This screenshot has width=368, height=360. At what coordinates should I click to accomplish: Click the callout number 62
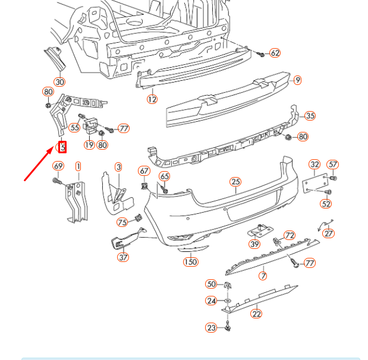[x=275, y=53]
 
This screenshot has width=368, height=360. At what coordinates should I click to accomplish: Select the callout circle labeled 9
[x=297, y=80]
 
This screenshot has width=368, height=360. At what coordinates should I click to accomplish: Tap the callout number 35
[x=310, y=116]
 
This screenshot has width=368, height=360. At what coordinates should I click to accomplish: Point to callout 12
[x=152, y=99]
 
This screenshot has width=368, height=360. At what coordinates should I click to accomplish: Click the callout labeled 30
[x=59, y=82]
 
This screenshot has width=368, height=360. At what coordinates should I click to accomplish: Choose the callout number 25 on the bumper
[x=235, y=182]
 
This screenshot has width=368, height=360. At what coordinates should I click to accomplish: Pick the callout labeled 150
[x=190, y=261]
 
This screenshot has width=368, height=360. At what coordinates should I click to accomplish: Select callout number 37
[x=123, y=257]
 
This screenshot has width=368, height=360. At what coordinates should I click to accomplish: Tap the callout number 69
[x=58, y=166]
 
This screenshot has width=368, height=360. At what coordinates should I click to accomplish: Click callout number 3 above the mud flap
[x=118, y=168]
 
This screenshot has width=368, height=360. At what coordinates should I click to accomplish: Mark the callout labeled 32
[x=314, y=165]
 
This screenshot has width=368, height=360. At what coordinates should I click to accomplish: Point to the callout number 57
[x=333, y=165]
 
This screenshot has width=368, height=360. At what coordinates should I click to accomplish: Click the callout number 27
[x=329, y=233]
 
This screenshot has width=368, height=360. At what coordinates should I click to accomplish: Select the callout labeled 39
[x=254, y=244]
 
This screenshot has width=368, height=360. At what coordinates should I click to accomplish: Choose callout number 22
[x=256, y=314]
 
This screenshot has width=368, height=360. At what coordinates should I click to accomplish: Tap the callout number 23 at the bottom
[x=212, y=327]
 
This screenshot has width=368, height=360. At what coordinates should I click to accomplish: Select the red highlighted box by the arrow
[x=62, y=147]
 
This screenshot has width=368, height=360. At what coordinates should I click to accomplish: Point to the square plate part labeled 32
[x=313, y=183]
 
